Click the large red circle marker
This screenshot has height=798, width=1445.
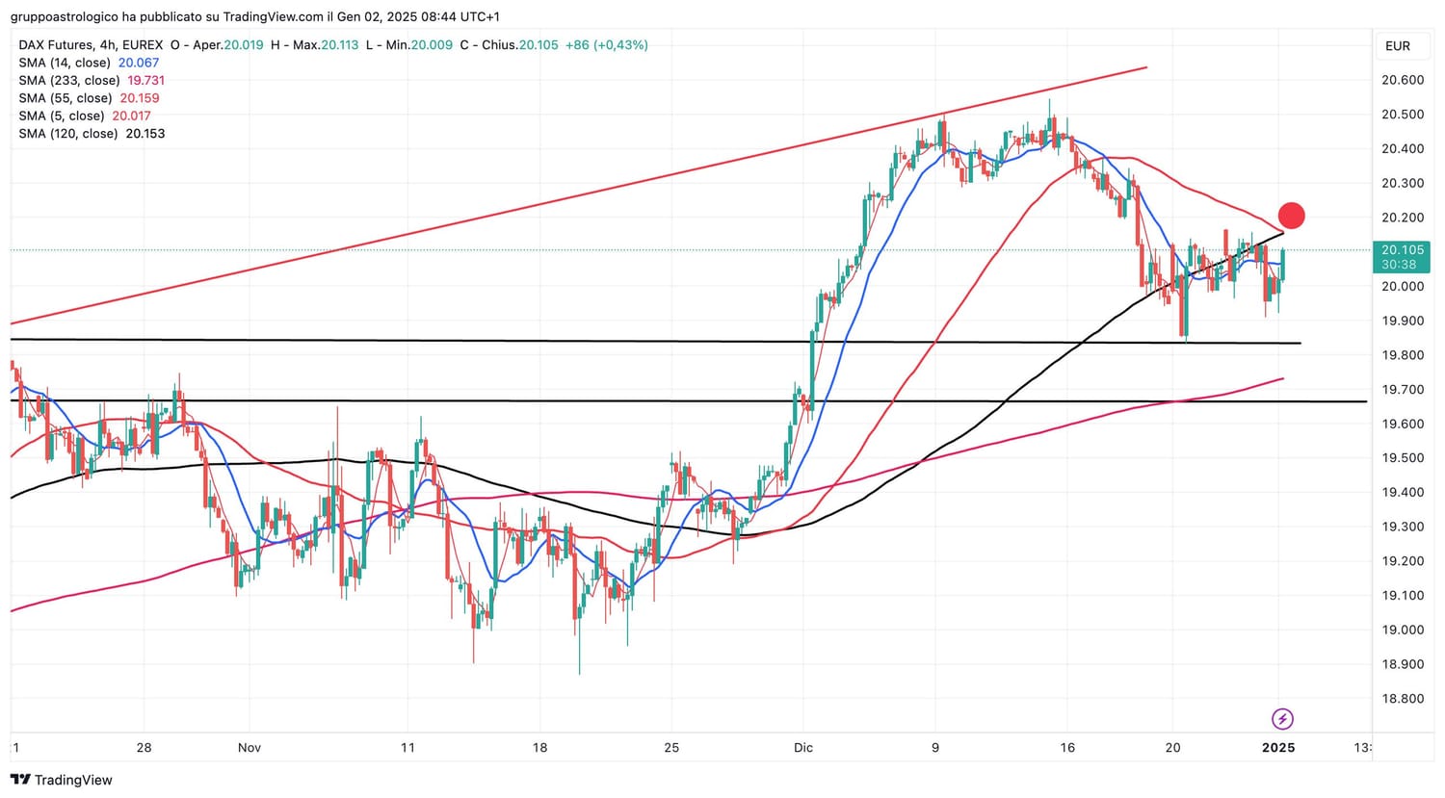point(1291,216)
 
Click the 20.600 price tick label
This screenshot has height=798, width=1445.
point(1403,80)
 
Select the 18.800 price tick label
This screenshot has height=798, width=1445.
point(1403,699)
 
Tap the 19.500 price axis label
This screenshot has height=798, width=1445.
point(1403,458)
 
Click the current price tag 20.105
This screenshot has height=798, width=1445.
point(1403,250)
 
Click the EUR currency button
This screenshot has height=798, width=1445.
point(1398,46)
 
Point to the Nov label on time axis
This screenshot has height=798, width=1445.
point(250,748)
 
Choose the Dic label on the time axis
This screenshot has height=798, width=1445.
point(803,748)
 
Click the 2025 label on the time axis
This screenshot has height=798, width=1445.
point(1278,748)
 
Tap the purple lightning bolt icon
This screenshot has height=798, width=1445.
point(1282,719)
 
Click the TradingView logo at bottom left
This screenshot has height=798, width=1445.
point(62,781)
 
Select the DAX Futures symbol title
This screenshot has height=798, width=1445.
point(57,45)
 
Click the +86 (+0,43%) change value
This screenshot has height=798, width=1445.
point(606,45)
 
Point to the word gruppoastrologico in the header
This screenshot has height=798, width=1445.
point(65,16)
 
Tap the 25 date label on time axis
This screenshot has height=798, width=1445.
point(671,748)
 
